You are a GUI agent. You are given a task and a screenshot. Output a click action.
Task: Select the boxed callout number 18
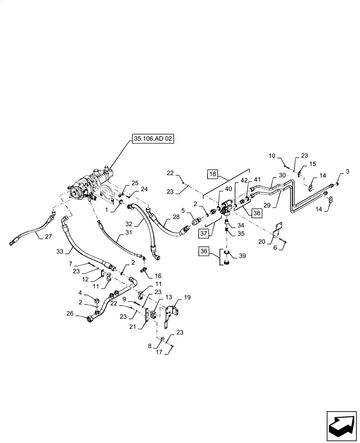pyautogui.click(x=213, y=175)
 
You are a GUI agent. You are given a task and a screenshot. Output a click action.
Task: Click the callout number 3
pyautogui.click(x=347, y=171)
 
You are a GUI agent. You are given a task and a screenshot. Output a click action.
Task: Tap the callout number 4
pyautogui.click(x=80, y=292)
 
